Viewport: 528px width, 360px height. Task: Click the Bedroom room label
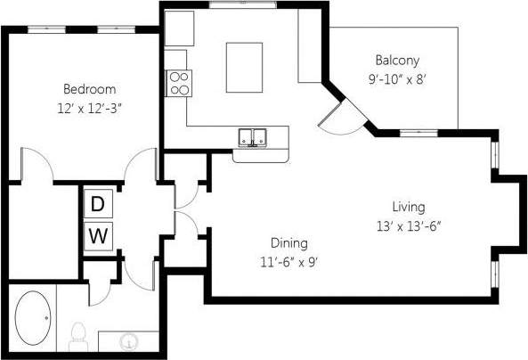coord(88,89)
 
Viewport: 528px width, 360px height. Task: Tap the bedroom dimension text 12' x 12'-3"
coord(89,107)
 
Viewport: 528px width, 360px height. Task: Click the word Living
coord(408,207)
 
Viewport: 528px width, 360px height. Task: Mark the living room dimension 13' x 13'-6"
coord(409,225)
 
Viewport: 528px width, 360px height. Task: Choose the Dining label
coord(289,242)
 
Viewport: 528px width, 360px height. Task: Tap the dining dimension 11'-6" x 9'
coord(289,261)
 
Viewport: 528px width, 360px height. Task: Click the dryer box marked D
coord(98,204)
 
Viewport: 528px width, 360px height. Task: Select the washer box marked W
coord(98,237)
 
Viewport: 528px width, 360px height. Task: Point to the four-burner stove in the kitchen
coord(178,82)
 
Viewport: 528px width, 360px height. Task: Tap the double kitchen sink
coord(255,137)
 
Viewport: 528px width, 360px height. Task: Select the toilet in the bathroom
coord(77,335)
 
